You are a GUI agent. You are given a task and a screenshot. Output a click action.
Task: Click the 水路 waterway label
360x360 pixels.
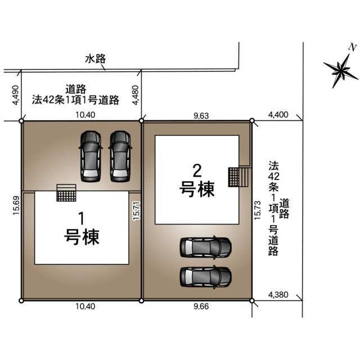pyautogui.click(x=96, y=58)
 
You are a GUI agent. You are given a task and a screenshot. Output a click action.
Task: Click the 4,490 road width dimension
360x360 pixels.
pyautogui.click(x=16, y=95)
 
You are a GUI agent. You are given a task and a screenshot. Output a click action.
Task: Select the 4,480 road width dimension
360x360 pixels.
pyautogui.click(x=136, y=95)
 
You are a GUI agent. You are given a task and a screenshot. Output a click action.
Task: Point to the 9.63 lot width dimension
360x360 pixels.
pyautogui.click(x=201, y=116)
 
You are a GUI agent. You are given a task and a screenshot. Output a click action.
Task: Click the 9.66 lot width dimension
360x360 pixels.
pyautogui.click(x=201, y=306)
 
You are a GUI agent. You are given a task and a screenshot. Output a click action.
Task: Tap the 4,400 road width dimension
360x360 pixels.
pyautogui.click(x=278, y=115)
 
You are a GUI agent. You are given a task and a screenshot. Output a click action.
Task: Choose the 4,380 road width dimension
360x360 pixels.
pyautogui.click(x=278, y=295)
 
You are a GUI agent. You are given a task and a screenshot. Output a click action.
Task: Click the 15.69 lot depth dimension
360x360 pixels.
pyautogui.click(x=16, y=205)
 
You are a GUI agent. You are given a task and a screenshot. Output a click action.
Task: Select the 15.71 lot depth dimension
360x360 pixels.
pyautogui.click(x=136, y=211)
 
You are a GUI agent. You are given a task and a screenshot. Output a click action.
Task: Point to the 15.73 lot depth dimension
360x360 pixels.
pyautogui.click(x=258, y=210)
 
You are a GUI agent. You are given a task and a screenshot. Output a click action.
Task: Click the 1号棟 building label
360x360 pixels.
pyautogui.click(x=82, y=229)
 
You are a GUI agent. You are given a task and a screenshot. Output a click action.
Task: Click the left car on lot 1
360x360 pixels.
pyautogui.click(x=91, y=156)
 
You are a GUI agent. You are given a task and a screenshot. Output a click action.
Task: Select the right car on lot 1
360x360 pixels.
pyautogui.click(x=120, y=156)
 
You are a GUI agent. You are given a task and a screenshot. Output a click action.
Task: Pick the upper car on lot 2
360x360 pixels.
pyautogui.click(x=205, y=247)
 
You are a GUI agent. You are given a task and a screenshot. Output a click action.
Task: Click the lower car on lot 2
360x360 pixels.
pyautogui.click(x=205, y=277)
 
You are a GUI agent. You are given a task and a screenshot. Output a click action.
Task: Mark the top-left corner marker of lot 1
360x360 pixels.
pyautogui.click(x=21, y=121)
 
